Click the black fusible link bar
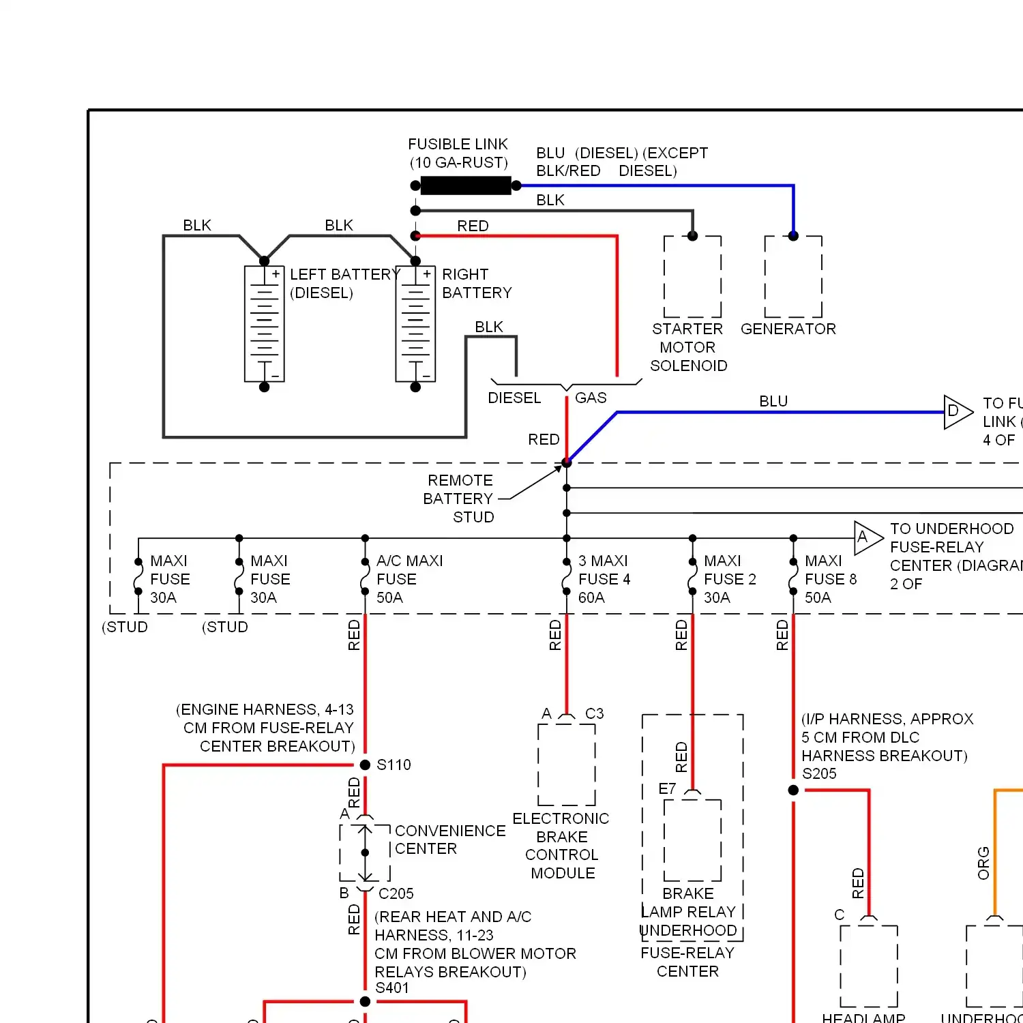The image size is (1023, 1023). point(465,186)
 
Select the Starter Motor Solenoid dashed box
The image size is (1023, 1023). point(692,277)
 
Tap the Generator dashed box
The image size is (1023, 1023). point(793,277)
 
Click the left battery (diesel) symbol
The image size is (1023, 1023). point(265,324)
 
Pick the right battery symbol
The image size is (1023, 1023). point(415,324)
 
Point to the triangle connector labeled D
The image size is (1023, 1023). point(957,412)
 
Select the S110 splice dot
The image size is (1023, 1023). point(365,765)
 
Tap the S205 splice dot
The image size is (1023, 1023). point(793,790)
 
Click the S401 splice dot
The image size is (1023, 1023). point(365,1001)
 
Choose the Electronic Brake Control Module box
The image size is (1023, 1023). point(566,765)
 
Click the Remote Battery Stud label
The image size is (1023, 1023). point(459,499)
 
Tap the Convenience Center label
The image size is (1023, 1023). point(449,840)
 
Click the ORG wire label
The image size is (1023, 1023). point(983,863)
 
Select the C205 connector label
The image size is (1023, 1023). point(396,893)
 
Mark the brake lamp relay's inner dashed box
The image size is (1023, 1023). point(692,840)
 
